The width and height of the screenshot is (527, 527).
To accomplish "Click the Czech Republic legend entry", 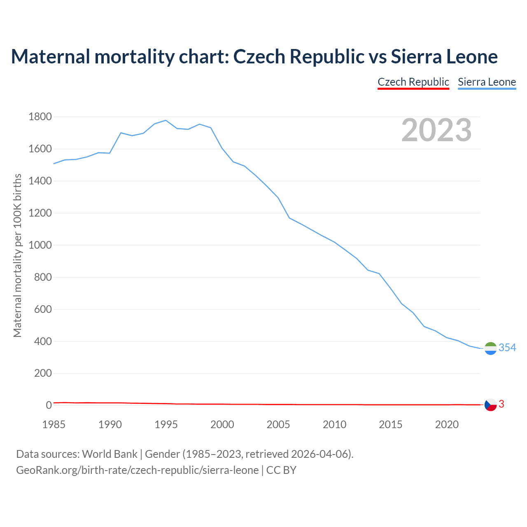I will tap(413, 82).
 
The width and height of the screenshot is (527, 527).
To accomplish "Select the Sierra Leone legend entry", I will tap(487, 82).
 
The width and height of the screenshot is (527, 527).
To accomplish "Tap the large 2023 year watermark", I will tap(436, 130).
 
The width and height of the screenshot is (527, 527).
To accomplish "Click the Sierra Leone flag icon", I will tap(490, 348).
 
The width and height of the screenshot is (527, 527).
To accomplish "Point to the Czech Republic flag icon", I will tap(490, 405).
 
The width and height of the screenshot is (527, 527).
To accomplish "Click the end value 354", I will tap(507, 348).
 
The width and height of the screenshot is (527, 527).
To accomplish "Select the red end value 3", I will tap(501, 404).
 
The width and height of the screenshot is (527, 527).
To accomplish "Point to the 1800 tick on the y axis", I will tap(40, 117).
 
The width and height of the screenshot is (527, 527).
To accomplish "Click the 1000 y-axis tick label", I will tap(40, 245).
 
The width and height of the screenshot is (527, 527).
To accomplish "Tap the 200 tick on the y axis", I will tap(42, 373).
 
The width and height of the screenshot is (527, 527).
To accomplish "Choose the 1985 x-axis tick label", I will tap(54, 424).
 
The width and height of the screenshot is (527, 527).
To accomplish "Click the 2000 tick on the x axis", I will tap(222, 424).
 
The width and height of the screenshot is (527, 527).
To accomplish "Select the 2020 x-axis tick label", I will tap(447, 424).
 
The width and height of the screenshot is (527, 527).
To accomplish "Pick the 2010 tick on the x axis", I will tap(334, 424).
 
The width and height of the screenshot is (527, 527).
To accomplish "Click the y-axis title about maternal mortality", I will tap(17, 255).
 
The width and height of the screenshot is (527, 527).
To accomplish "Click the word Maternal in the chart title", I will tap(50, 57).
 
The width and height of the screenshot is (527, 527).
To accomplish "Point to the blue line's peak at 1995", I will tap(166, 120).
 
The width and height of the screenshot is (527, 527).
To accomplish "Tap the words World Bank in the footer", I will tap(110, 454).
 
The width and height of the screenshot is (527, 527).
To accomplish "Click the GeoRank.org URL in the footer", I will tap(137, 470).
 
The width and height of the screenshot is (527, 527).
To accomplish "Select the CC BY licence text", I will tap(281, 470).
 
